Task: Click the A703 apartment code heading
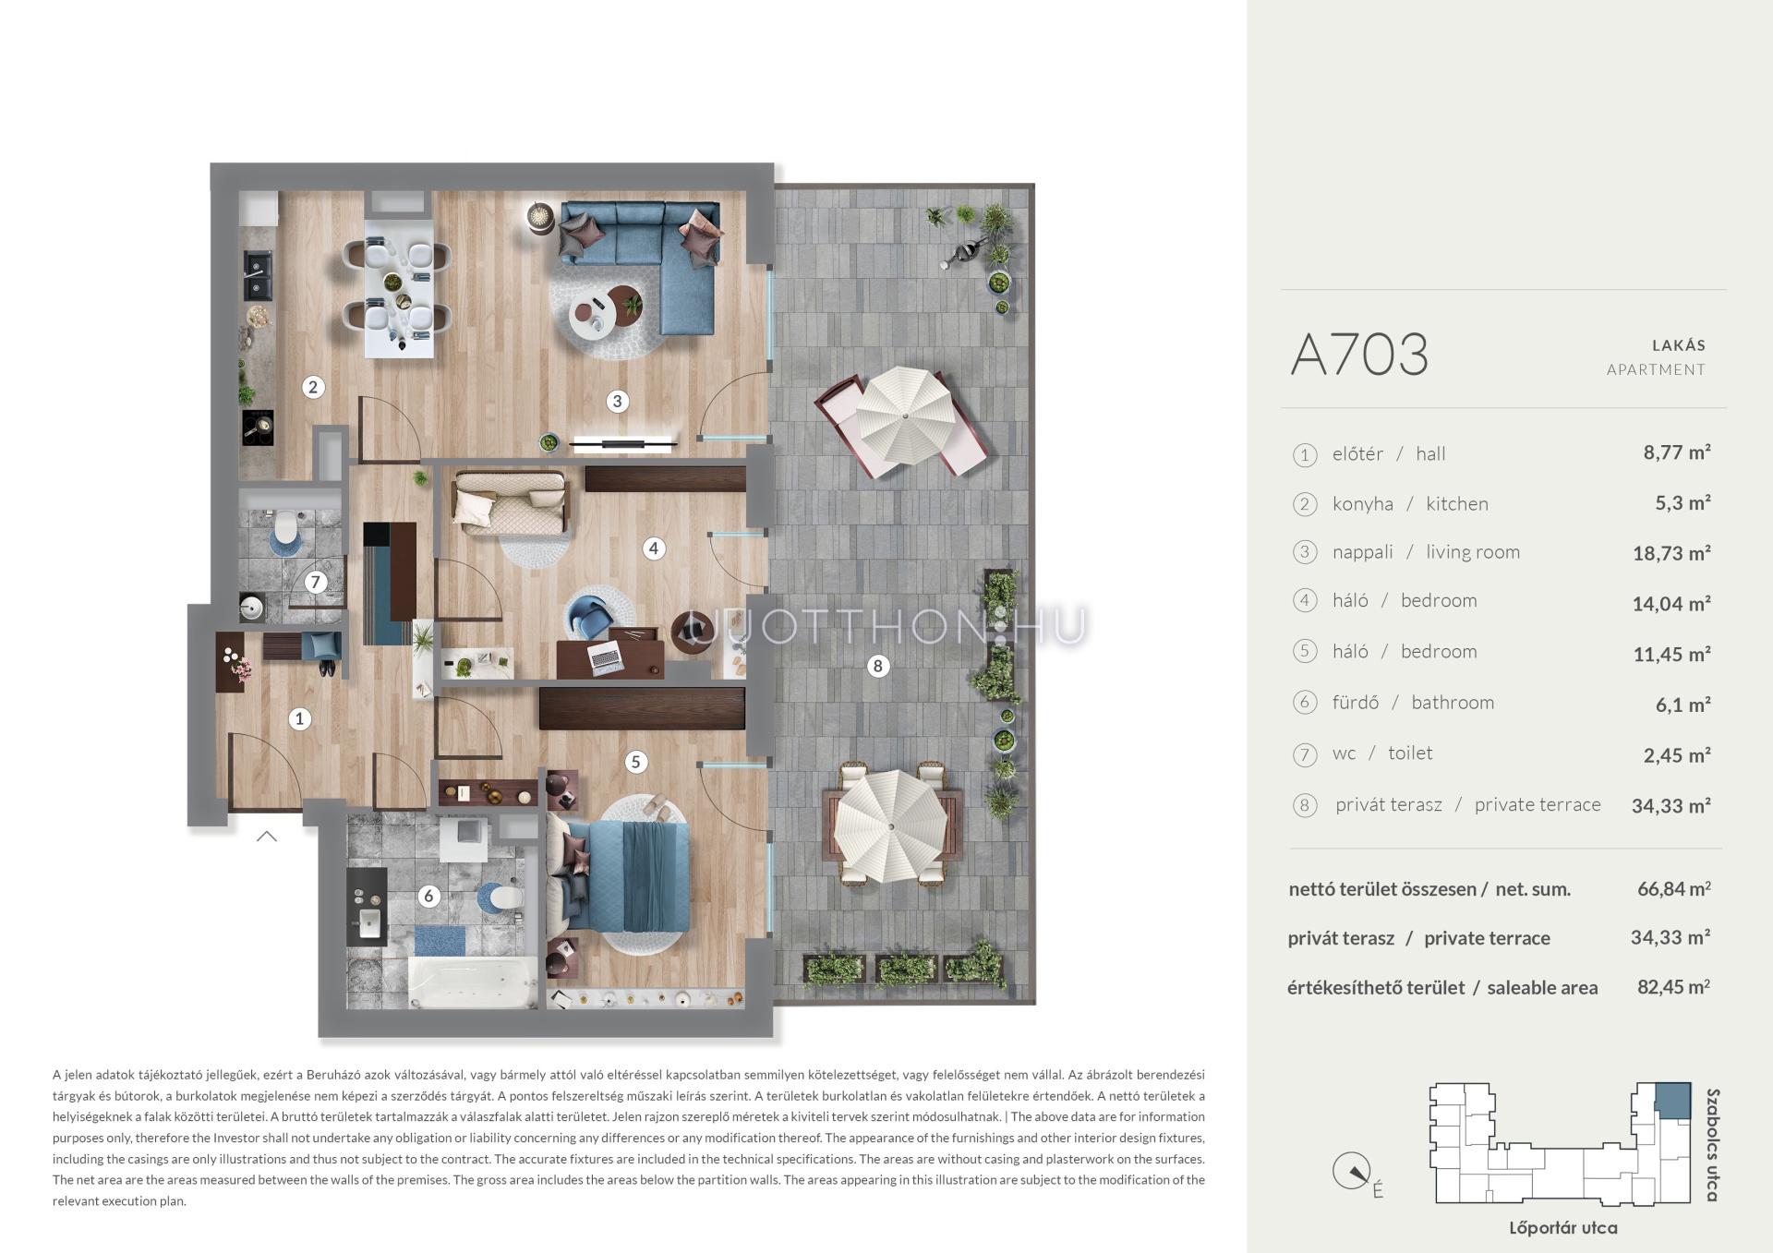pyautogui.click(x=1358, y=355)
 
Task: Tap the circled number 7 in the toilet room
pyautogui.click(x=316, y=582)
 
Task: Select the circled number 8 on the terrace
pyautogui.click(x=877, y=665)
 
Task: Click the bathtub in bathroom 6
pyautogui.click(x=471, y=984)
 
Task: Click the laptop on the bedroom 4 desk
pyautogui.click(x=605, y=657)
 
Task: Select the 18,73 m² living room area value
pyautogui.click(x=1671, y=552)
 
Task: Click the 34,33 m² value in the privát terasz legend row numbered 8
pyautogui.click(x=1671, y=805)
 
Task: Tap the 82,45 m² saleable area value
pyautogui.click(x=1673, y=986)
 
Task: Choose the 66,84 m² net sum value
pyautogui.click(x=1673, y=888)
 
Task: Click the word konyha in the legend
pyautogui.click(x=1362, y=504)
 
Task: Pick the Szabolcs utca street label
pyautogui.click(x=1713, y=1145)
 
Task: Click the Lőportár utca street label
pyautogui.click(x=1562, y=1228)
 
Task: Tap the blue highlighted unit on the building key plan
pyautogui.click(x=1672, y=1099)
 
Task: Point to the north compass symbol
pyautogui.click(x=1351, y=1172)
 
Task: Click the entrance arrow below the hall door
pyautogui.click(x=267, y=837)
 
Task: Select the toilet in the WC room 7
pyautogui.click(x=286, y=527)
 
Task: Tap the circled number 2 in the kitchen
pyautogui.click(x=313, y=387)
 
